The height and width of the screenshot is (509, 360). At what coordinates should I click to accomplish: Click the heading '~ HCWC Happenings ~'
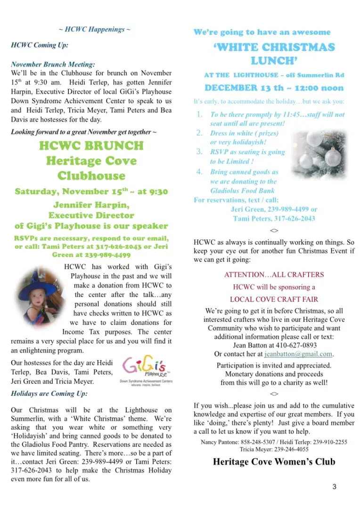95,30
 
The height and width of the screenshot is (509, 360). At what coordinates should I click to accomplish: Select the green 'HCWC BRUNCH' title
91,145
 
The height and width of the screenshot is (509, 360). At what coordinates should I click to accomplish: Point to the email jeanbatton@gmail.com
299,354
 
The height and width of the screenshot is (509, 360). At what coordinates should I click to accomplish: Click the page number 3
334,487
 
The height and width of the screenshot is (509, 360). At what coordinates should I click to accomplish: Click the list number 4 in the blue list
199,172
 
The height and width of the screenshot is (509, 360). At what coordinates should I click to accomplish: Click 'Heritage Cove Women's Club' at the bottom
274,461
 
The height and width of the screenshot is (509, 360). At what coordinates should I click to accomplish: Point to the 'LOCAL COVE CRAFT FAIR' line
274,299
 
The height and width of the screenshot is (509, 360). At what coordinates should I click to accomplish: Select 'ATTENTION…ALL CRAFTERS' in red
274,275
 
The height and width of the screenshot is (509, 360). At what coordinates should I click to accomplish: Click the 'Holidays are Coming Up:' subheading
49,393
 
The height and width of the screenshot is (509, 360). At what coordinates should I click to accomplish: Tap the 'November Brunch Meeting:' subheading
53,64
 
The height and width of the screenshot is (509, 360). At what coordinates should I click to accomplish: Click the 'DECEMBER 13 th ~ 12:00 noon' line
274,88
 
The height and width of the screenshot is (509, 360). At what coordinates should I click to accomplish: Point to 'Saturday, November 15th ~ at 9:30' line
91,192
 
